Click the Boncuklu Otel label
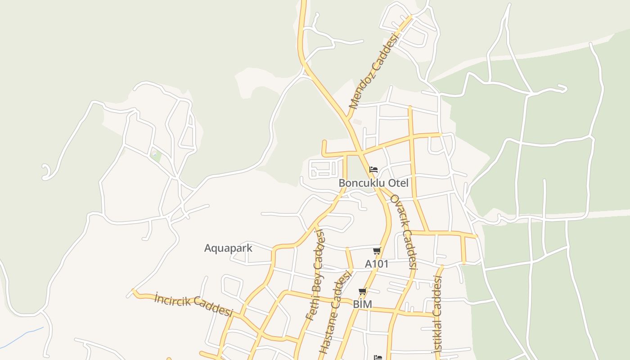point(373,183)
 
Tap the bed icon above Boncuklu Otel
point(373,170)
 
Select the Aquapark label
point(228,248)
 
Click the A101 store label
point(376,264)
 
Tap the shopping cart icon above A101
point(377,251)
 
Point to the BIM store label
point(362,304)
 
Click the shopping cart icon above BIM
point(363,292)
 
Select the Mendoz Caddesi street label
point(374,71)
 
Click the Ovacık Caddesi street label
point(404,232)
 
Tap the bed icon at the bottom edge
point(378,357)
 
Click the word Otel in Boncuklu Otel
point(398,183)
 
